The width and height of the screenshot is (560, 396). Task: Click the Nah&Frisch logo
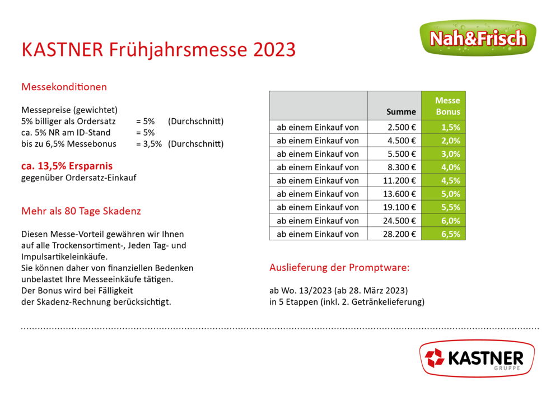point(478,38)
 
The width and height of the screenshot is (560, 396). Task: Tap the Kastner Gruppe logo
point(477,358)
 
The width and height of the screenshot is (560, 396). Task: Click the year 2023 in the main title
point(274,49)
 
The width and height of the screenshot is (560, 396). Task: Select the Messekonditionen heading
point(64,87)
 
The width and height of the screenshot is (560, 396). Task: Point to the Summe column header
point(401,112)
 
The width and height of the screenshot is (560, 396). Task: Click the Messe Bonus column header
point(447,106)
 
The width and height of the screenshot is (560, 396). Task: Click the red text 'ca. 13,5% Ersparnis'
point(67,166)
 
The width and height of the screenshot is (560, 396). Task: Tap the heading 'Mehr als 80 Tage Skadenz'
point(81,211)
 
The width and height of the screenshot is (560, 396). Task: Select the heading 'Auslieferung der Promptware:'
point(339,267)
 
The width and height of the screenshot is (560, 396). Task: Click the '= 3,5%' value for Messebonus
point(149,144)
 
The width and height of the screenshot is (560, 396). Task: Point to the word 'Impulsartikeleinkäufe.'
point(64,257)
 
